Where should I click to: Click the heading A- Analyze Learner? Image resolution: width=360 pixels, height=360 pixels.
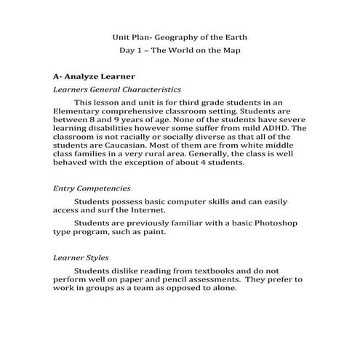(x=93, y=75)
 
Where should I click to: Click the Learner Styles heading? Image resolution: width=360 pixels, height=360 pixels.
(x=81, y=257)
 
